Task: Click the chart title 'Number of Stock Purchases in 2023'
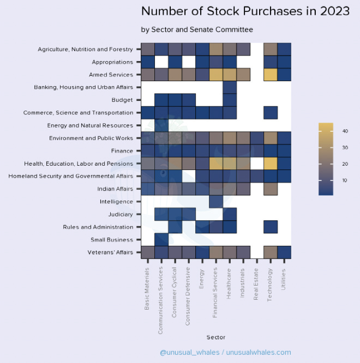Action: pyautogui.click(x=245, y=11)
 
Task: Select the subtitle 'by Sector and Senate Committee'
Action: pyautogui.click(x=197, y=29)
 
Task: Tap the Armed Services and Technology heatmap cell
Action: pyautogui.click(x=271, y=75)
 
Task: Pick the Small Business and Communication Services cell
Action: pyautogui.click(x=161, y=239)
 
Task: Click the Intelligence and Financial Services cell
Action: pyautogui.click(x=216, y=201)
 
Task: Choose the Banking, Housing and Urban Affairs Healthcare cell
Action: pyautogui.click(x=230, y=87)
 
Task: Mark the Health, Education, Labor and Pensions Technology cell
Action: pyautogui.click(x=271, y=163)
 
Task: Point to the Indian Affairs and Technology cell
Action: pyautogui.click(x=271, y=189)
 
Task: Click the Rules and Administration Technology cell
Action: pyautogui.click(x=271, y=227)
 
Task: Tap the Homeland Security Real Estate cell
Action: pyautogui.click(x=257, y=176)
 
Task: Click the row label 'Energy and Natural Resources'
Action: pyautogui.click(x=91, y=125)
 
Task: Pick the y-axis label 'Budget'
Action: pyautogui.click(x=122, y=100)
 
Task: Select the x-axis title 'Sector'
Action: pyautogui.click(x=215, y=337)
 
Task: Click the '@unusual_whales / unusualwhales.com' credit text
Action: pyautogui.click(x=225, y=353)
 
